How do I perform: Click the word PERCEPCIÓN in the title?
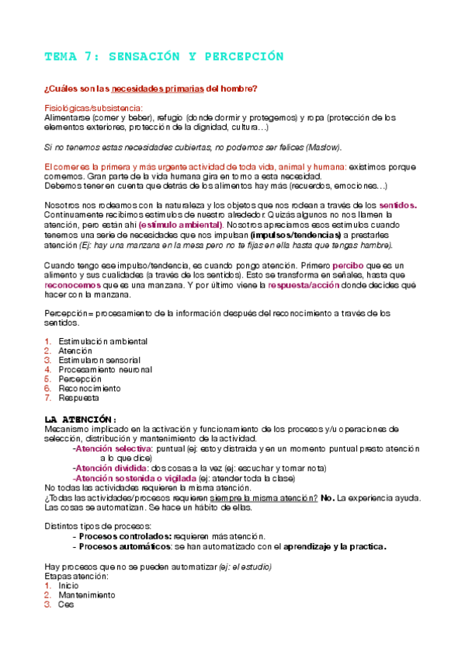pyautogui.click(x=240, y=57)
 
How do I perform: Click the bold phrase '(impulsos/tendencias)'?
pyautogui.click(x=296, y=234)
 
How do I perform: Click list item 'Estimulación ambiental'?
pyautogui.click(x=103, y=341)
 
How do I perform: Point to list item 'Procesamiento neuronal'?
pyautogui.click(x=106, y=369)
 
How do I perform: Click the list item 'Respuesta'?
pyautogui.click(x=78, y=397)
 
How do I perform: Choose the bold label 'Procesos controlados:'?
pyautogui.click(x=125, y=536)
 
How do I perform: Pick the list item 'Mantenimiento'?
pyautogui.click(x=87, y=594)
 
